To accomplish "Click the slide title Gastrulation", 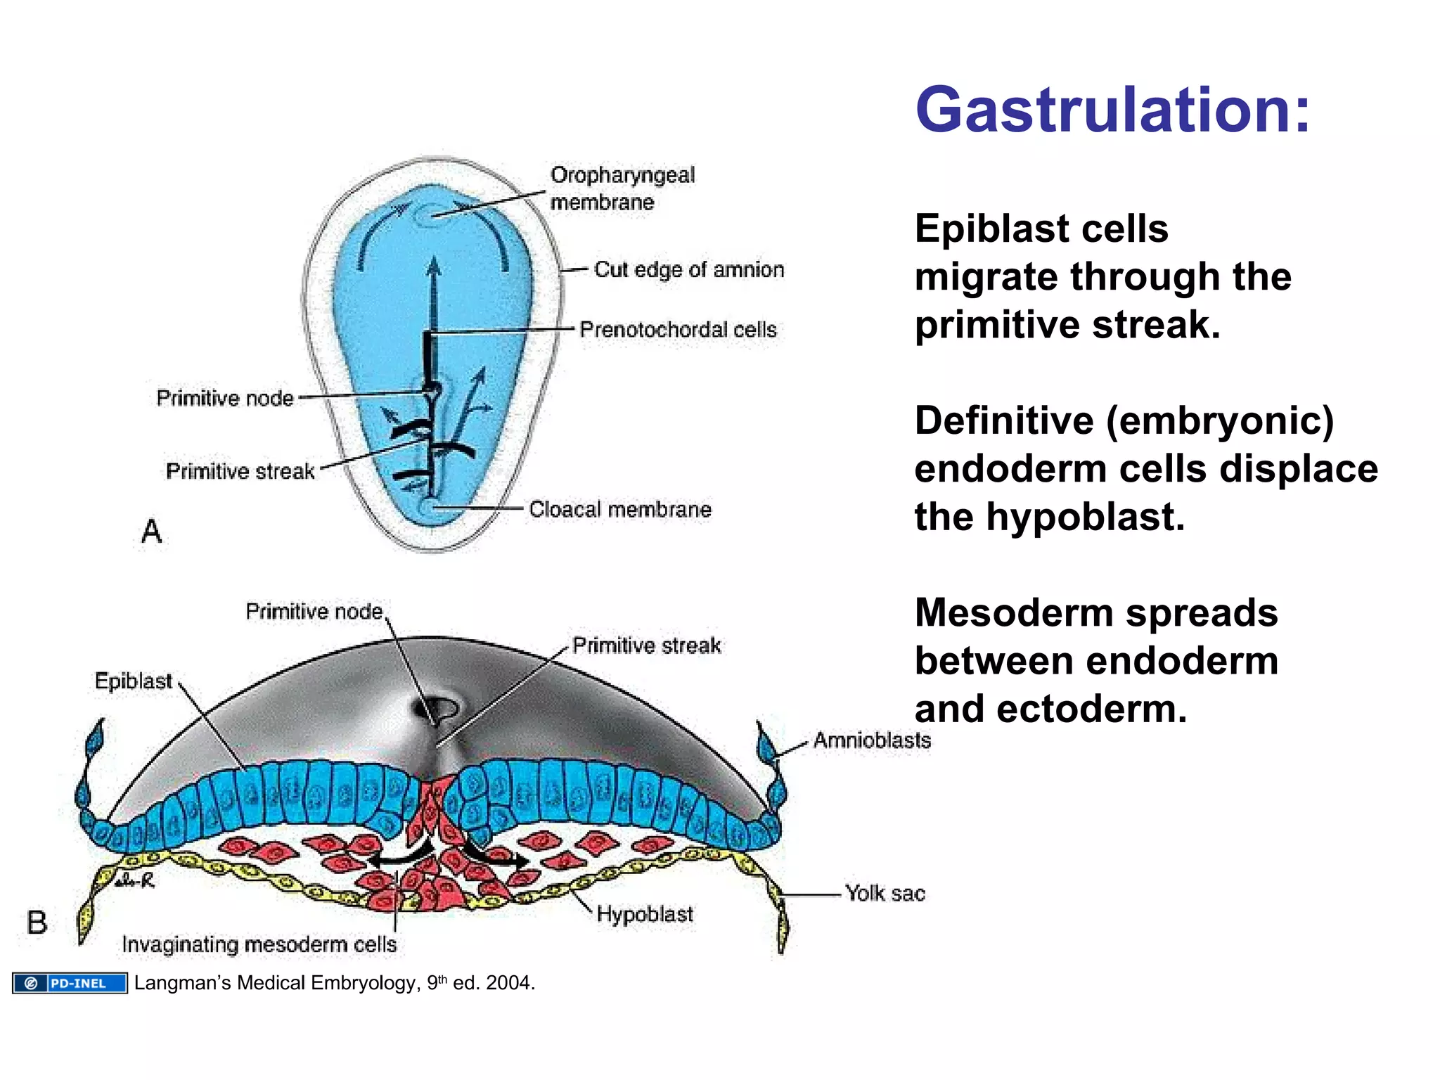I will tap(1112, 110).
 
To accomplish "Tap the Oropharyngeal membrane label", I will tap(622, 188).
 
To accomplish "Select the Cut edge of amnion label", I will tap(689, 269).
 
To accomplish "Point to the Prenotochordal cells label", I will tap(678, 330).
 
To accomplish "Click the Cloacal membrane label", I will tap(620, 509).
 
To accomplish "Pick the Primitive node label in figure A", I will tap(224, 398).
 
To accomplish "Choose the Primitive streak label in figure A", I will tap(240, 471).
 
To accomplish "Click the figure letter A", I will tap(151, 531).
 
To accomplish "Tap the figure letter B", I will tap(37, 922).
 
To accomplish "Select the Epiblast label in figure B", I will tap(133, 681).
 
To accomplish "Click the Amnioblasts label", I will tap(872, 740).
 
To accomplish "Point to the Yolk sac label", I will tap(885, 893).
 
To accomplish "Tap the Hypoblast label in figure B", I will tap(645, 914).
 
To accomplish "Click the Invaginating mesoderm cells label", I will tap(259, 944).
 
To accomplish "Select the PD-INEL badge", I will tap(70, 983).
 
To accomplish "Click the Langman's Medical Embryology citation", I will tap(335, 983).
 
